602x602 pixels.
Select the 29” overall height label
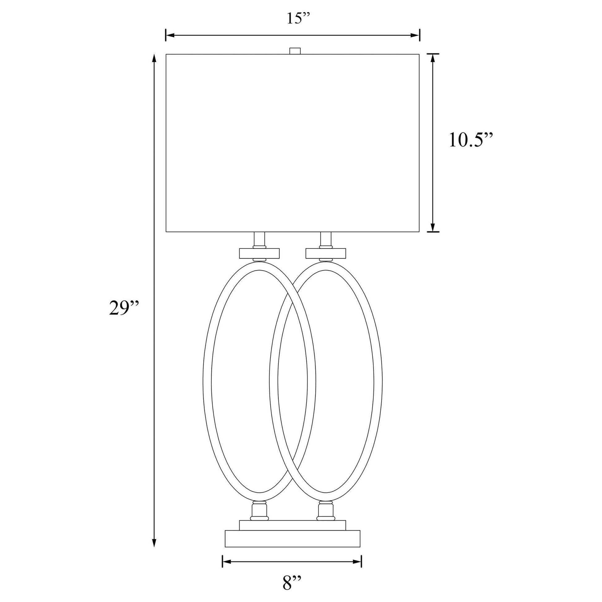[x=123, y=308]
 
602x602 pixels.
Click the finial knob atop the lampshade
[x=295, y=51]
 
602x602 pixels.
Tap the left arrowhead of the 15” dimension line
[x=170, y=35]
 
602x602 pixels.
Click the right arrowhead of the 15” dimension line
[x=415, y=35]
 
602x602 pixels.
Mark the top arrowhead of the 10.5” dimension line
[x=432, y=58]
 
